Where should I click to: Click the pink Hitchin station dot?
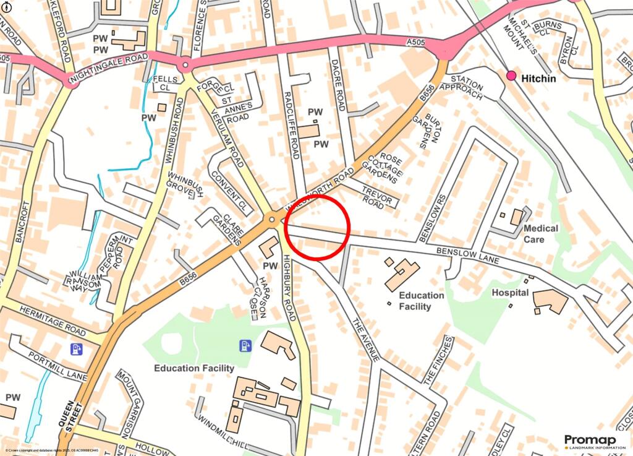click(511, 75)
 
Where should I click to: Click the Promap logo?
click(590, 442)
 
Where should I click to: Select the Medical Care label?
click(540, 233)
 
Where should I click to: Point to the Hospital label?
click(510, 292)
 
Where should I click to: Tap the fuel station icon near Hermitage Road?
click(77, 349)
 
